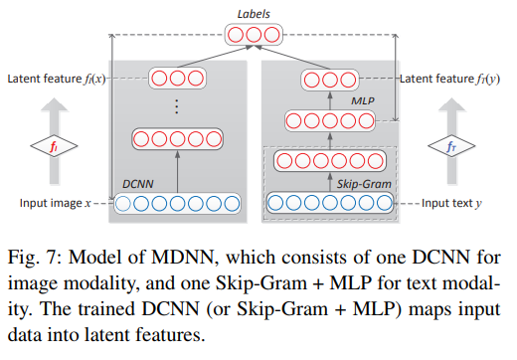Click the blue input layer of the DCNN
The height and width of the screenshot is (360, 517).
pyautogui.click(x=177, y=204)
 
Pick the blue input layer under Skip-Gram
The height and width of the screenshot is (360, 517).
pyautogui.click(x=331, y=204)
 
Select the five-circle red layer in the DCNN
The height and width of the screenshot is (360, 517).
pyautogui.click(x=177, y=139)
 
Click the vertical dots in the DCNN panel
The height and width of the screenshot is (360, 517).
pyautogui.click(x=177, y=107)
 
